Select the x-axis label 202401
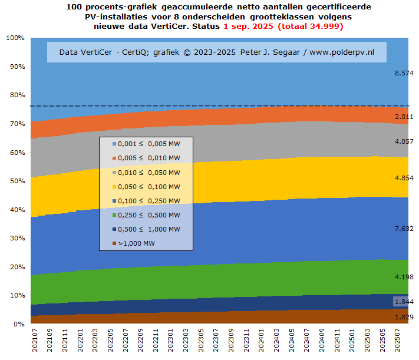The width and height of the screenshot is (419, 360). point(260,342)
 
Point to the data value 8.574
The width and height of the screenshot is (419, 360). point(404,73)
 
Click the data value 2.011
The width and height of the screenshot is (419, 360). point(404,117)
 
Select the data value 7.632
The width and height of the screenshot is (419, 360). point(404,228)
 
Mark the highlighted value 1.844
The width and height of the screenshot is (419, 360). point(404,302)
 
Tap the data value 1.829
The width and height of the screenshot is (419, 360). point(404,317)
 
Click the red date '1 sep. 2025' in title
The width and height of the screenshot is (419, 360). point(249,27)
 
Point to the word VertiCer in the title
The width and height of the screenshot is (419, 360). point(200,27)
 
